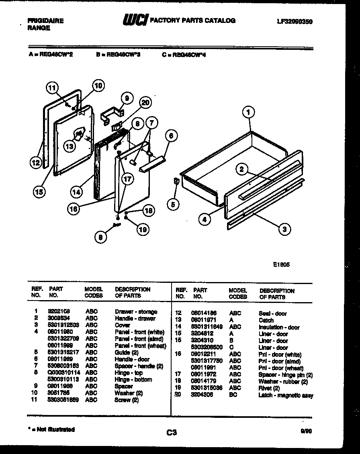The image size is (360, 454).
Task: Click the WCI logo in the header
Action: click(x=135, y=20)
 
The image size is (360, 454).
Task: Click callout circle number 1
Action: click(x=249, y=113)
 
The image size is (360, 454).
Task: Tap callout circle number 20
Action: click(x=145, y=103)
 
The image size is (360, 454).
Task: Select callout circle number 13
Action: click(x=70, y=147)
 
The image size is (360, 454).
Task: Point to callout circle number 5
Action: click(x=173, y=205)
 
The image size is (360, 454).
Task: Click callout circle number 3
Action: click(x=284, y=229)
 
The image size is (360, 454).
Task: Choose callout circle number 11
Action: click(x=52, y=88)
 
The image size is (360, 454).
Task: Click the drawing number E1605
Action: click(x=281, y=265)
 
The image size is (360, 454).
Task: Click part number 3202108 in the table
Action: click(x=59, y=312)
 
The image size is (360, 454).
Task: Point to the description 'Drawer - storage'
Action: click(x=136, y=312)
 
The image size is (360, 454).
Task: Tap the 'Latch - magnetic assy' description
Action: click(x=286, y=395)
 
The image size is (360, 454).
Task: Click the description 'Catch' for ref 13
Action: click(x=266, y=321)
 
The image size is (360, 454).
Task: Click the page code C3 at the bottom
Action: click(x=172, y=433)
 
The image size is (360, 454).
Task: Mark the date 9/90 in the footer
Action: click(x=307, y=431)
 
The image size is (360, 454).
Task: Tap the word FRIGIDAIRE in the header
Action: click(x=45, y=21)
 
